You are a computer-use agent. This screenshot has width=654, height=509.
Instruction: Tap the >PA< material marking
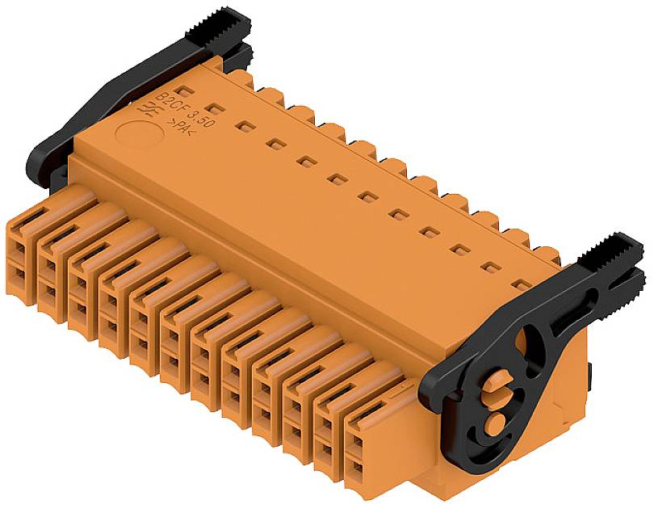click(x=179, y=127)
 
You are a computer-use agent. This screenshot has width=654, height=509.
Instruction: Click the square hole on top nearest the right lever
click(x=521, y=284)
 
